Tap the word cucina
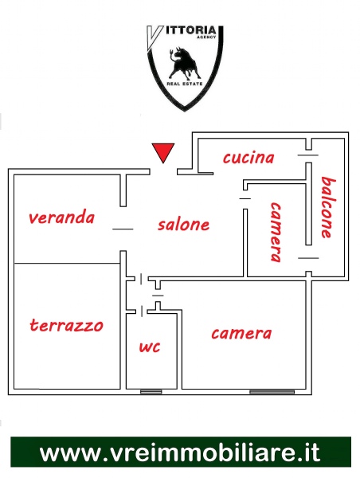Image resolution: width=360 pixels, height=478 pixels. pyautogui.click(x=248, y=158)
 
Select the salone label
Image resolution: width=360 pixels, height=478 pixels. pyautogui.click(x=183, y=225)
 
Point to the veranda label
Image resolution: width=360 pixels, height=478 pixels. pyautogui.click(x=61, y=217)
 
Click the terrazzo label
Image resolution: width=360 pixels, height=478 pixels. pyautogui.click(x=66, y=325)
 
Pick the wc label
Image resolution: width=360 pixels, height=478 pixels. pyautogui.click(x=150, y=347)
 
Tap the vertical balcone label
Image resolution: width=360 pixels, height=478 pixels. pyautogui.click(x=328, y=207)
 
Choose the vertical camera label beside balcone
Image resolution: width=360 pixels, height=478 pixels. pyautogui.click(x=276, y=232)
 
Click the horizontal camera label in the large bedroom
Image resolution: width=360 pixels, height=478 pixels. pyautogui.click(x=241, y=334)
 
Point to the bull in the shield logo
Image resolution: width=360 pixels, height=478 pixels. pyautogui.click(x=184, y=63)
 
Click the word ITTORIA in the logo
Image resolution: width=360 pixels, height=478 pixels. pyautogui.click(x=191, y=31)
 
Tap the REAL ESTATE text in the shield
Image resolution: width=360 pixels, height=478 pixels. pyautogui.click(x=185, y=84)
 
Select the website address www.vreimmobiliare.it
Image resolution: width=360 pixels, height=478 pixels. pyautogui.click(x=180, y=453)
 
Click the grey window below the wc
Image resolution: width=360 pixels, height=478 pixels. pyautogui.click(x=151, y=392)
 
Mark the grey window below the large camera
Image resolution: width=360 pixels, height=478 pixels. pyautogui.click(x=272, y=392)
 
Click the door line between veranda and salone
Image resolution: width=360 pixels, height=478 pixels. pyautogui.click(x=123, y=229)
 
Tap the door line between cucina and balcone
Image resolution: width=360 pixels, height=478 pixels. pyautogui.click(x=308, y=155)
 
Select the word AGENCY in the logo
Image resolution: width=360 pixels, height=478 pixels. pyautogui.click(x=206, y=37)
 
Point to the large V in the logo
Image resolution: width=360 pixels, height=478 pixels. pyautogui.click(x=155, y=38)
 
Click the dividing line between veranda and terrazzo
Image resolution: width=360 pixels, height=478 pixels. pyautogui.click(x=67, y=263)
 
